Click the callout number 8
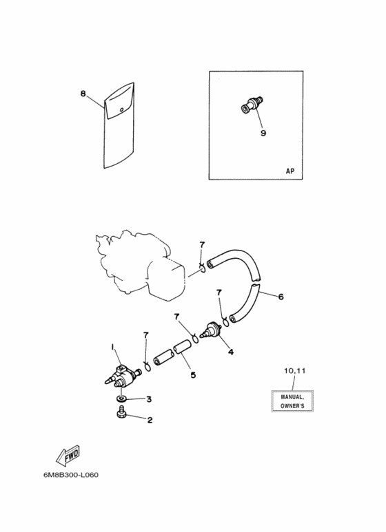[83, 93]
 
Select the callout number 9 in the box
[263, 133]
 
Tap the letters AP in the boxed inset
[289, 171]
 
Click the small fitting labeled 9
[252, 105]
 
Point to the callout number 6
[281, 297]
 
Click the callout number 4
[231, 352]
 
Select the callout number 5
[193, 375]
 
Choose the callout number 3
[149, 399]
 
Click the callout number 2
[150, 420]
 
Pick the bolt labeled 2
[121, 411]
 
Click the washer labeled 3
[121, 398]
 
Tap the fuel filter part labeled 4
[211, 329]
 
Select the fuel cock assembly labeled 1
[122, 376]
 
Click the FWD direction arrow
[68, 456]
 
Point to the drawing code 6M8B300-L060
[71, 475]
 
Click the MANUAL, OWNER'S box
[292, 401]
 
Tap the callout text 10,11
[294, 371]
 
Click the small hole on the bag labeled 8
[121, 109]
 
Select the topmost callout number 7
[202, 244]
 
